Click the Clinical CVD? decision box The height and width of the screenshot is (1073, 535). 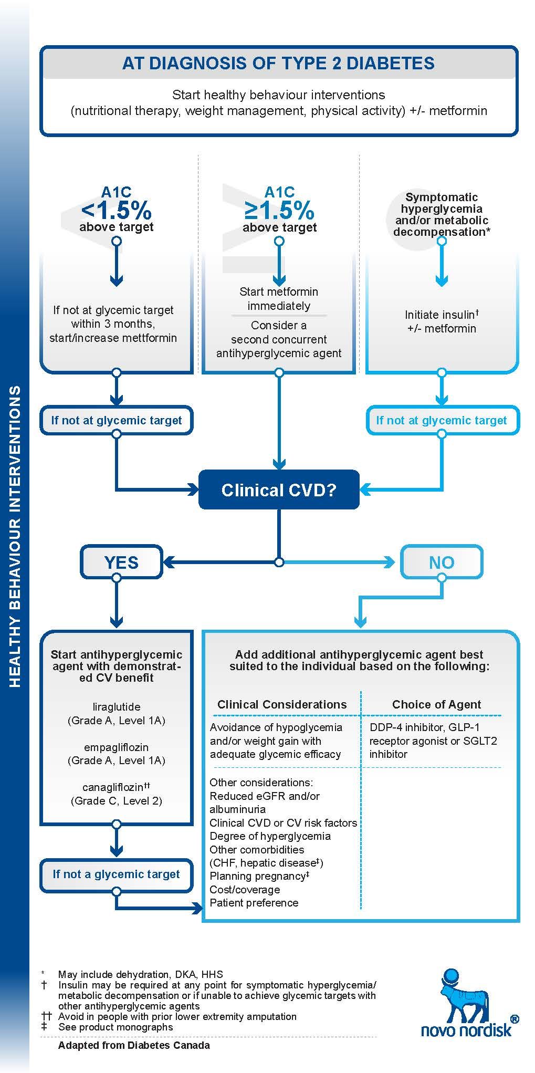coord(279,490)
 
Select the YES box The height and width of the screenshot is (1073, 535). coord(121,562)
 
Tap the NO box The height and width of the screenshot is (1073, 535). coord(441,562)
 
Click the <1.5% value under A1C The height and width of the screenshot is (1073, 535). coord(117,211)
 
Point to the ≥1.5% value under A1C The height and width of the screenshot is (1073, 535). coord(279,211)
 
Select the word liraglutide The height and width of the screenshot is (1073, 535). coord(116,707)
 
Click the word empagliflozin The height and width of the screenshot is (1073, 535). coord(116,747)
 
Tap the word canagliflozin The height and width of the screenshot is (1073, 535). coord(113,787)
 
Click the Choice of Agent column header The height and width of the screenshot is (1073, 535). coord(436,705)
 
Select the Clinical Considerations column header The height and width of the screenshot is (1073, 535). coord(282,705)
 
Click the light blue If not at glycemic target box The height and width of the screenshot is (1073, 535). coord(442,420)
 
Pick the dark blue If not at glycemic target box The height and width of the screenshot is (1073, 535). coord(117,420)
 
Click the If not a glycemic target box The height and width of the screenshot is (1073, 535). coord(117,874)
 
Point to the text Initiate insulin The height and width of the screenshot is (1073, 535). coord(439,315)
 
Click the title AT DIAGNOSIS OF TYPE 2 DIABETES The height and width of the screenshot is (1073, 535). coord(278,64)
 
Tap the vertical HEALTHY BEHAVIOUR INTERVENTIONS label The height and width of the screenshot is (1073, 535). coord(15,536)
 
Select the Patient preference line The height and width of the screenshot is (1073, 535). coord(254,903)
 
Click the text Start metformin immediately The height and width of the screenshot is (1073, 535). coord(279,298)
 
